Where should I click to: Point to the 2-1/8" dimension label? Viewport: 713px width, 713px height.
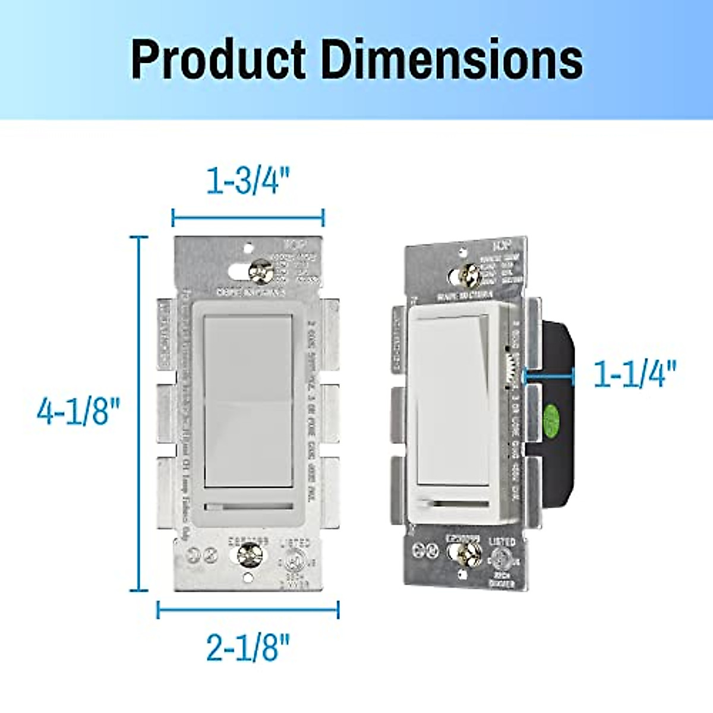[248, 647]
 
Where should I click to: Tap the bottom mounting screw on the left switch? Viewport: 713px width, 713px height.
[246, 555]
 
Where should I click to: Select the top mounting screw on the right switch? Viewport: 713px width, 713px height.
[469, 275]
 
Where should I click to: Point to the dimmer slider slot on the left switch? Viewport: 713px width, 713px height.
[248, 507]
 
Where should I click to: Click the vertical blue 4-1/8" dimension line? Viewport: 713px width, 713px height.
[139, 414]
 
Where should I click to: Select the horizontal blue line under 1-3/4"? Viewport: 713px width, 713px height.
[248, 217]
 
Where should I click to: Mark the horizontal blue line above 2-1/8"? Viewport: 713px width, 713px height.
[248, 610]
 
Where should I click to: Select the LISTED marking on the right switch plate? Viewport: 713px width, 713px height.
[502, 542]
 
